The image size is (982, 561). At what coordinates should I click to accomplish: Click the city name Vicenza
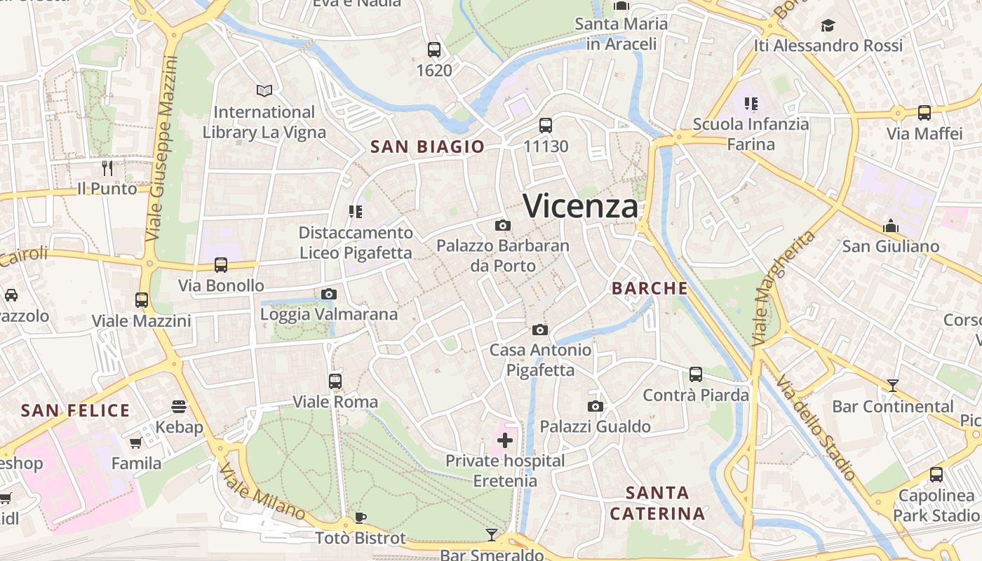tap(581, 206)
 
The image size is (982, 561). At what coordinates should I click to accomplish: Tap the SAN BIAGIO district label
tap(427, 147)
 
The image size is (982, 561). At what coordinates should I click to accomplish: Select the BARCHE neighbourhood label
tap(650, 288)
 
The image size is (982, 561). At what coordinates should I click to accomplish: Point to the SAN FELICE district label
tap(75, 410)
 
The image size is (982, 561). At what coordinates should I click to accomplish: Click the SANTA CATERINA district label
tap(657, 503)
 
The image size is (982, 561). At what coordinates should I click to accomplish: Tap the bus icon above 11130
tap(546, 126)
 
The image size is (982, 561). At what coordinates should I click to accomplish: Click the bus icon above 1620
tap(434, 50)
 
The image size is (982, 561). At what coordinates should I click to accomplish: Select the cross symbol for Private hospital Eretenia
tap(505, 440)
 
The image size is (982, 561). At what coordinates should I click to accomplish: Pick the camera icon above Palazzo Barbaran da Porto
tap(503, 225)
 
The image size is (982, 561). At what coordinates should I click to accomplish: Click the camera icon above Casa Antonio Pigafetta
tap(539, 330)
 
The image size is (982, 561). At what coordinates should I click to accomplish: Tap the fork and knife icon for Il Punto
tap(107, 168)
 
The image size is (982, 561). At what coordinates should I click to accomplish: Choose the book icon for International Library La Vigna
tap(264, 90)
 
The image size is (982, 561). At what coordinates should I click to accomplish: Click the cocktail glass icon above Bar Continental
tap(892, 385)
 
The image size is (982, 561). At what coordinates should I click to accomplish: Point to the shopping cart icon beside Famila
tap(136, 443)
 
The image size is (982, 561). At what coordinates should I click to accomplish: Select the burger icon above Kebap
tap(179, 406)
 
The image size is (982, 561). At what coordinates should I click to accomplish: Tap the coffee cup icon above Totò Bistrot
tap(360, 518)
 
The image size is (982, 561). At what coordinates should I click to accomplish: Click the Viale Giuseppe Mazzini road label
tap(163, 149)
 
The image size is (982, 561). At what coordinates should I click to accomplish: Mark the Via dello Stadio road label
tap(816, 427)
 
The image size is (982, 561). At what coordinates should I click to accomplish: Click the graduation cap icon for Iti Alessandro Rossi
tap(828, 26)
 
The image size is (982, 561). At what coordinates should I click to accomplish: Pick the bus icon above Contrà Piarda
tap(696, 374)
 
